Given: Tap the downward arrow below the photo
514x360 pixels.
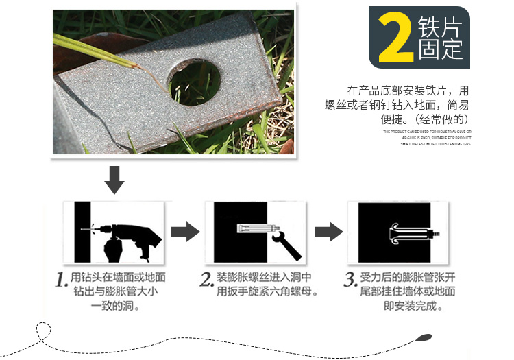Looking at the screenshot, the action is pos(114,180).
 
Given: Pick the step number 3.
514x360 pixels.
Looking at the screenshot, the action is pos(350,279).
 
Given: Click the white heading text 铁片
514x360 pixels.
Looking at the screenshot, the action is pos(439,27).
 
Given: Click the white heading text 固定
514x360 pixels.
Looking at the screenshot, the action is pos(439,49).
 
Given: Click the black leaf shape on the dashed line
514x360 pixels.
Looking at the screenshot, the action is pos(424,337).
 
